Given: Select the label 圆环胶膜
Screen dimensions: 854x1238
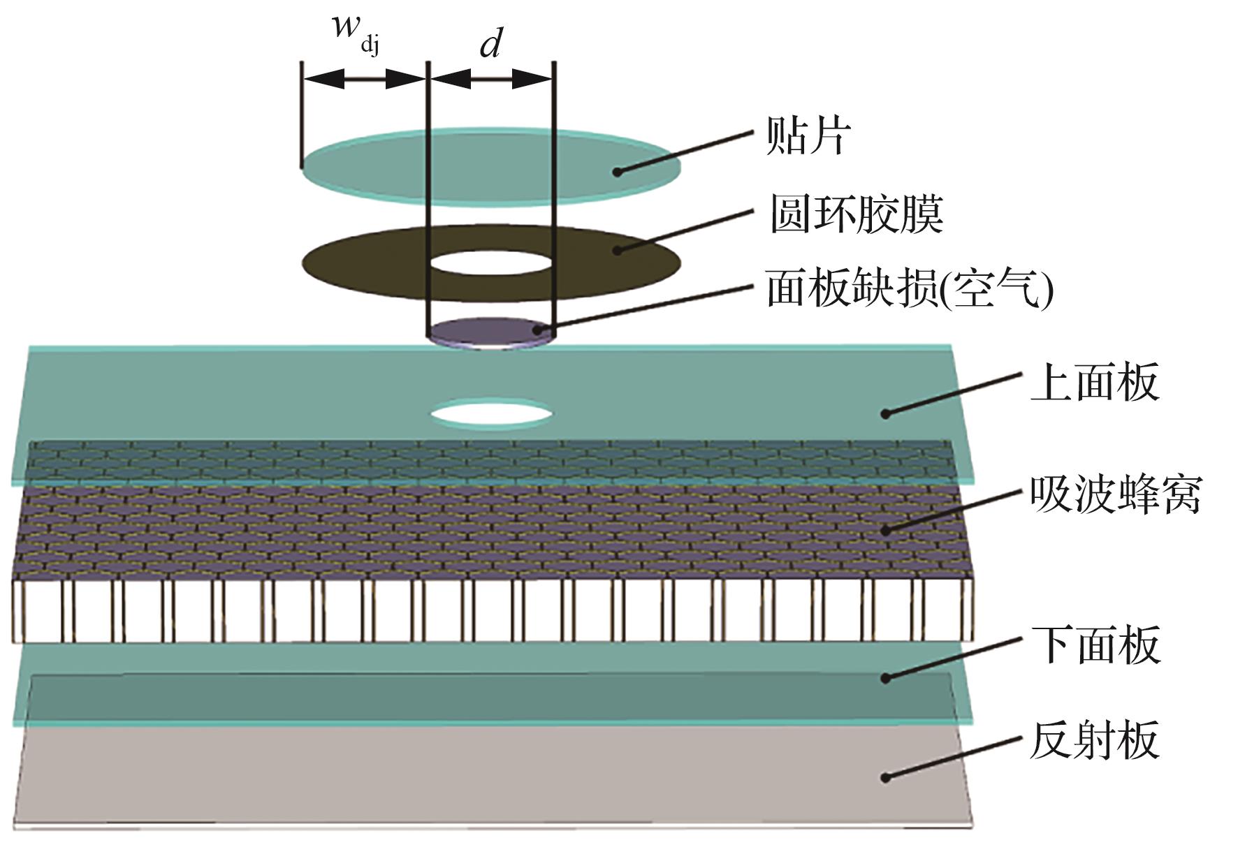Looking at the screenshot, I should click(x=857, y=214).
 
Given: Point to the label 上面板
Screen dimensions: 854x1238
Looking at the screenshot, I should click(x=1094, y=382).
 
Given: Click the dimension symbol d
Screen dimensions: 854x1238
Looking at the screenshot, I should click(x=491, y=45).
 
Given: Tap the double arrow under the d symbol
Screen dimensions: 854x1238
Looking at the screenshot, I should click(x=491, y=80).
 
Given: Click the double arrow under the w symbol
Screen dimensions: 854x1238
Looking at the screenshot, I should click(x=364, y=79).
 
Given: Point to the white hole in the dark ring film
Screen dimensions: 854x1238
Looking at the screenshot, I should click(x=490, y=264).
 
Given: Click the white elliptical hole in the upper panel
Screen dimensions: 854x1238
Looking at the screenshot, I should click(x=491, y=413).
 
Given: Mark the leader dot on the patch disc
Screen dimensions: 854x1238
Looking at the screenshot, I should click(x=617, y=172).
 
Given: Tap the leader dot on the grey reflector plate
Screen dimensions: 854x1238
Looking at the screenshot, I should click(x=885, y=777).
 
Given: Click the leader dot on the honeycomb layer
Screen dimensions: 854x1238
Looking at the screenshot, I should click(x=885, y=531).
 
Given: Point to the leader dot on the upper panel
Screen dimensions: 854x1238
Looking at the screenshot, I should click(x=885, y=414).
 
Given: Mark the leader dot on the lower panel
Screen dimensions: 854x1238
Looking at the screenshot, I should click(x=885, y=677).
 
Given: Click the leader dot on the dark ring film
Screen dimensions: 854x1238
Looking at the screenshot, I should click(x=617, y=250).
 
